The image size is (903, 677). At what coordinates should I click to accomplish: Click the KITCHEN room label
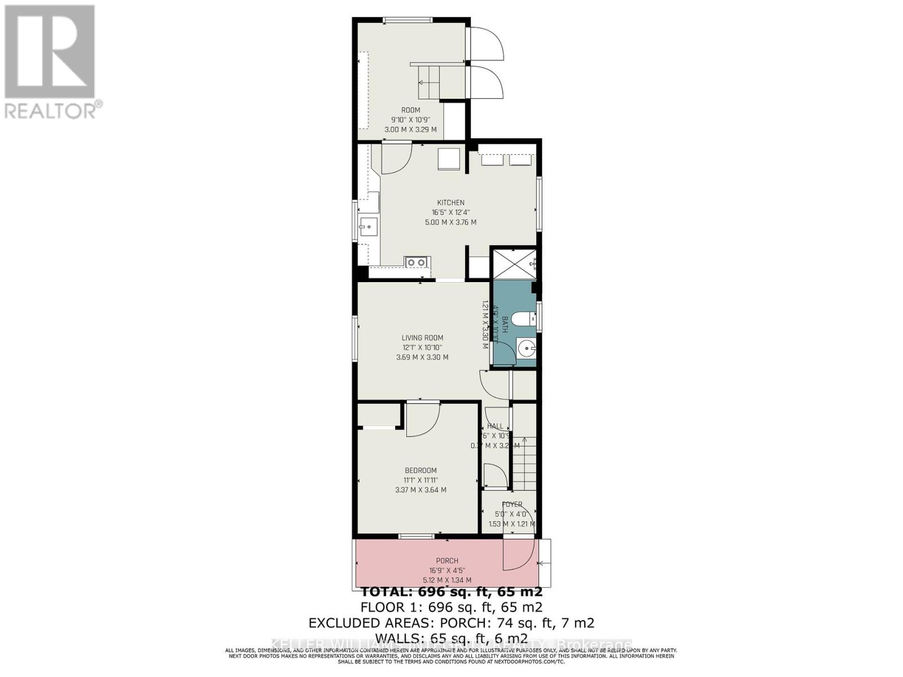click(x=450, y=203)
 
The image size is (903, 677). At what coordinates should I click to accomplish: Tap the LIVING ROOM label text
click(x=422, y=338)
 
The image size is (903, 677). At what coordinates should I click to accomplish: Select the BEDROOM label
click(x=420, y=471)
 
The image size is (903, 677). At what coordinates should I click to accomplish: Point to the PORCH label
click(x=447, y=561)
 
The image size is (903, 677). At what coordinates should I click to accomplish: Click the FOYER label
click(x=512, y=504)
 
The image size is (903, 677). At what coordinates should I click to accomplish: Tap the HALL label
click(x=495, y=426)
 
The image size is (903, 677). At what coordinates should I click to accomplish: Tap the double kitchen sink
click(x=417, y=262)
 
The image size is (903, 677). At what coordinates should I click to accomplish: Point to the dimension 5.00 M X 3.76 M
click(x=450, y=222)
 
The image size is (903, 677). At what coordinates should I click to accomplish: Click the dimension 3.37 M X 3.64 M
click(x=420, y=490)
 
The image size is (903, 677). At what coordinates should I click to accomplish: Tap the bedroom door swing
click(x=422, y=419)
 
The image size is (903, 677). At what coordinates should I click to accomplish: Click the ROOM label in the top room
click(x=410, y=110)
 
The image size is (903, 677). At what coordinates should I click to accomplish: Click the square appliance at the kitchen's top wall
click(x=450, y=158)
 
